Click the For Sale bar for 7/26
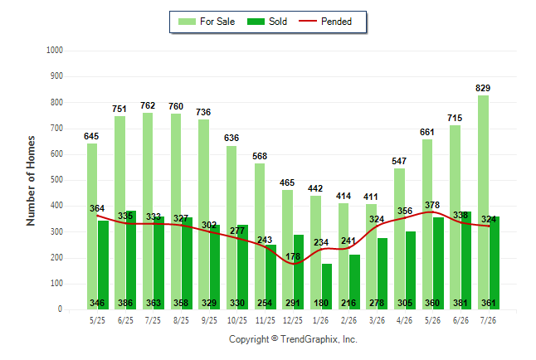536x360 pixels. [x=484, y=202]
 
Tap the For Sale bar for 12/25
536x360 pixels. [x=287, y=250]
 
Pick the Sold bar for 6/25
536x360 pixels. [x=131, y=260]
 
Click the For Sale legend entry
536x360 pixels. [x=207, y=22]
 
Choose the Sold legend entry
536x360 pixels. [x=267, y=22]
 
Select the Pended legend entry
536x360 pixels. [x=325, y=22]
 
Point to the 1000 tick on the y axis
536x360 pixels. [x=55, y=51]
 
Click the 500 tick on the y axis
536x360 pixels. [x=56, y=180]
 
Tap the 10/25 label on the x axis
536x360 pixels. [x=237, y=320]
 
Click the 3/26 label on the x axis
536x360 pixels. [x=377, y=320]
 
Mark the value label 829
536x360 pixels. [x=483, y=88]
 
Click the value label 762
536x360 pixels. [x=148, y=105]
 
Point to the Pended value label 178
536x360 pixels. [x=293, y=256]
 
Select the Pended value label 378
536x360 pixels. [x=432, y=205]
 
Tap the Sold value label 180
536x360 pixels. [x=321, y=303]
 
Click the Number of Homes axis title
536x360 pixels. [x=31, y=181]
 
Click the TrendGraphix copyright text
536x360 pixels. [x=293, y=339]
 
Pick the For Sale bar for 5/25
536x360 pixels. [x=92, y=226]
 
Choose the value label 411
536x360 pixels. [x=371, y=197]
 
